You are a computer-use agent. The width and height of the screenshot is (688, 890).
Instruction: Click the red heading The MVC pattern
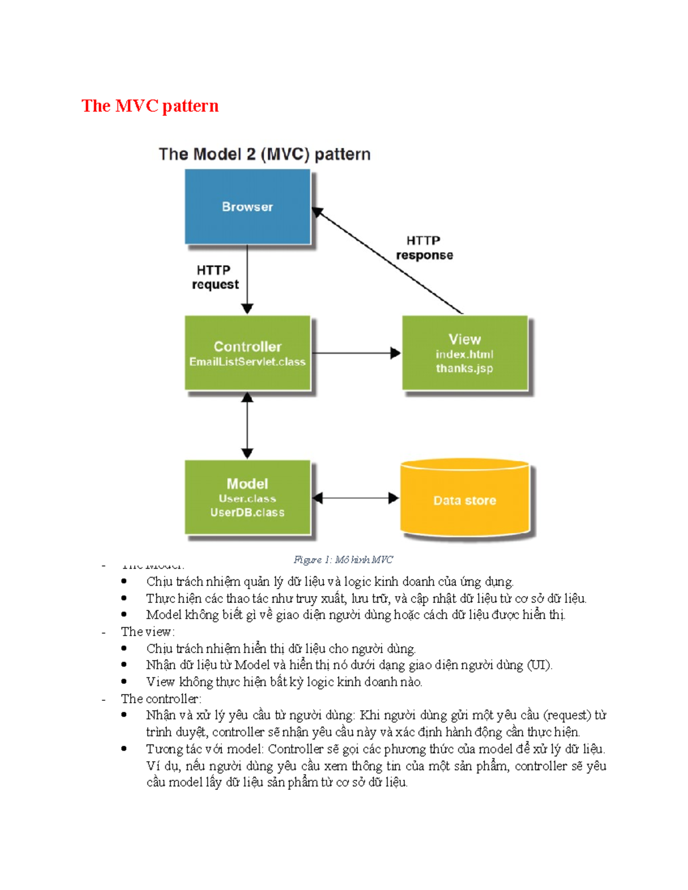(x=150, y=106)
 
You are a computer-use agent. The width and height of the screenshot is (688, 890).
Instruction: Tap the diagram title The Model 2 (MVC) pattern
(x=264, y=154)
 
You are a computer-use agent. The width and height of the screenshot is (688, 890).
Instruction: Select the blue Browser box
(x=247, y=207)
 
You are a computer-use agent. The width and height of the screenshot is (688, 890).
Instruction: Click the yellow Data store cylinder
(x=464, y=500)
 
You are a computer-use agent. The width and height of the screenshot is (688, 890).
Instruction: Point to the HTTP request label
(x=215, y=277)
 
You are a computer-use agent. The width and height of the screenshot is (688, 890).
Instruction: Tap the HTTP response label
(x=424, y=248)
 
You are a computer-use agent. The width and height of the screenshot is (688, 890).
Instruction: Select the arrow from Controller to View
(x=355, y=353)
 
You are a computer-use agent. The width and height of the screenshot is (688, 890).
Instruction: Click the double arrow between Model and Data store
(x=355, y=498)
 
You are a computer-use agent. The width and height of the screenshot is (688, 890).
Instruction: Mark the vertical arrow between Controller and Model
(x=247, y=425)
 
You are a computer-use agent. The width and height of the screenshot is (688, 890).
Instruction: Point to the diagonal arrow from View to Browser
(x=388, y=261)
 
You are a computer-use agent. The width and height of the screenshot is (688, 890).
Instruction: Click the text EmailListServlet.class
(x=247, y=362)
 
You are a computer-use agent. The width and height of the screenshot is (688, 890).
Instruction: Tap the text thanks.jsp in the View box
(x=464, y=368)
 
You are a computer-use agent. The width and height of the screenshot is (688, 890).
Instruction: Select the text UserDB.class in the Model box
(x=247, y=512)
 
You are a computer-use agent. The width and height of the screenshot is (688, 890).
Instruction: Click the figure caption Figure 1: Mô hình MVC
(x=343, y=559)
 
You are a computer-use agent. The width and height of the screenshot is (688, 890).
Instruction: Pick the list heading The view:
(x=147, y=632)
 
